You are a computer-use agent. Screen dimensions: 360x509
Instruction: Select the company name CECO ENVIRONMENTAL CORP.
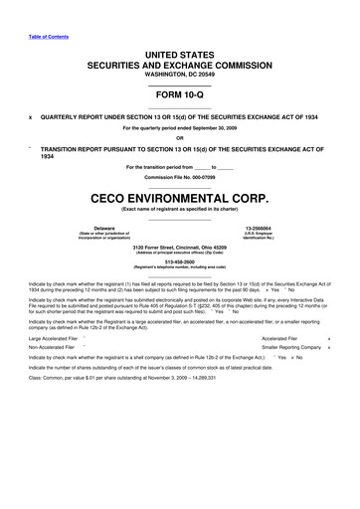(x=179, y=199)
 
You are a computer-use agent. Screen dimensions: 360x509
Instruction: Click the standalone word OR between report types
(x=179, y=138)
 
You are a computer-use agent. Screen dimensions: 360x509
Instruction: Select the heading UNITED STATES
(x=179, y=50)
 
